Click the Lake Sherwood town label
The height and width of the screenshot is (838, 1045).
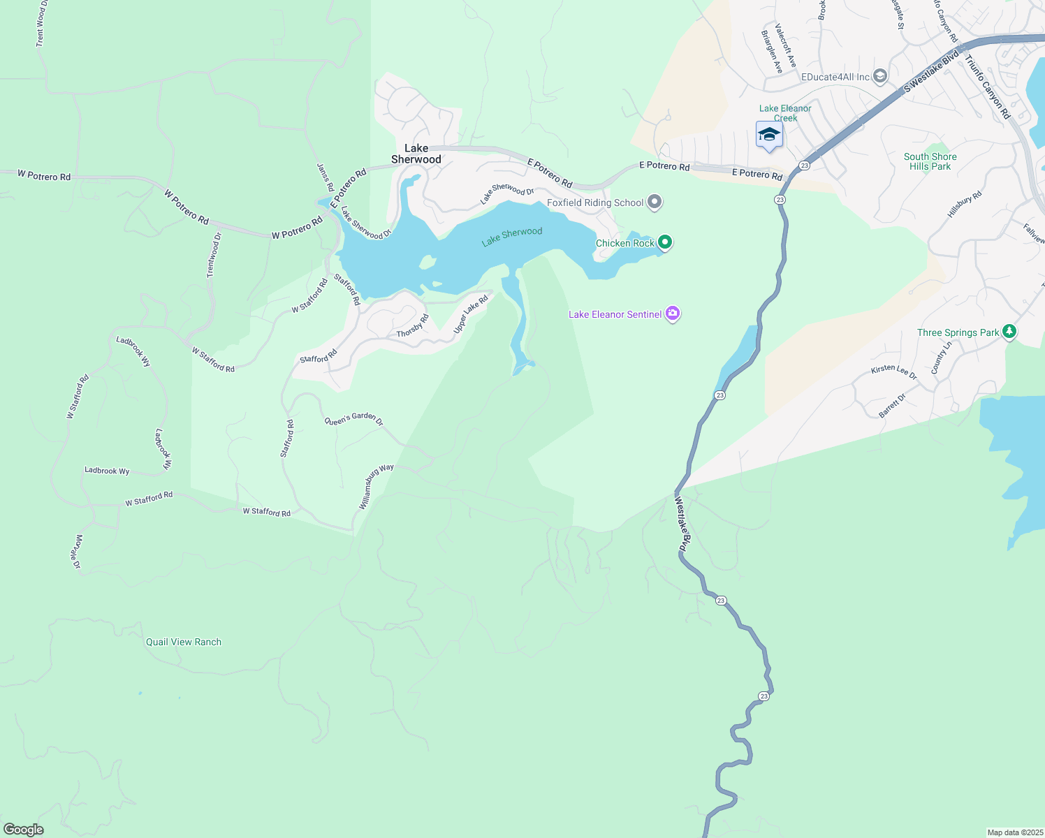(x=416, y=154)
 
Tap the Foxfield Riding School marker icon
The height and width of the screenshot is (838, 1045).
(x=655, y=203)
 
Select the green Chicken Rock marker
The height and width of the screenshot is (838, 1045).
(x=665, y=242)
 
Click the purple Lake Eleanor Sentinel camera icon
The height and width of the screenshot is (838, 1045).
(x=673, y=314)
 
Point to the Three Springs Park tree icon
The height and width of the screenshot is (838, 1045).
(x=1009, y=332)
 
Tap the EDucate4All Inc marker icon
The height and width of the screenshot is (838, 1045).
(x=880, y=76)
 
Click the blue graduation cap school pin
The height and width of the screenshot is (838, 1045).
(x=769, y=134)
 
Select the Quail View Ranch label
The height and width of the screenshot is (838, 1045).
(x=184, y=642)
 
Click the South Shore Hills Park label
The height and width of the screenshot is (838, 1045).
(x=930, y=161)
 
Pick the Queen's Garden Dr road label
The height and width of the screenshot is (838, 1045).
(x=353, y=419)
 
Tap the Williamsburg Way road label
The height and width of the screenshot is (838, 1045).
(x=377, y=486)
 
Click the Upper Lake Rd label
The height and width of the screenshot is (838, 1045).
(x=471, y=314)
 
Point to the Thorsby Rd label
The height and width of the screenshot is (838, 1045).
(x=413, y=325)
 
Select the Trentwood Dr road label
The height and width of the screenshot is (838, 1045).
(x=214, y=255)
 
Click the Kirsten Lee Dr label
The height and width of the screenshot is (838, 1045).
(x=893, y=372)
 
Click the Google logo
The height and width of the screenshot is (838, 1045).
(x=24, y=830)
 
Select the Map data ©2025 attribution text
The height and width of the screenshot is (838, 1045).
(x=1015, y=832)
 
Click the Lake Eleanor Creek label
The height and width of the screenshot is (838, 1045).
(x=785, y=113)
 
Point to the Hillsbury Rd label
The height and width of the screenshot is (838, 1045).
(x=965, y=204)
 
